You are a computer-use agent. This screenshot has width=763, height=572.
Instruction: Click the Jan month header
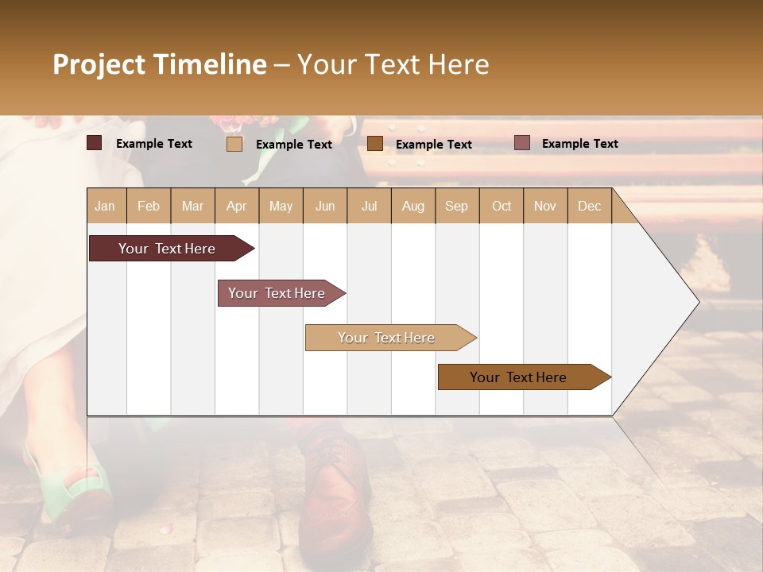click(x=105, y=207)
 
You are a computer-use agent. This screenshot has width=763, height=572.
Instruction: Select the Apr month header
click(x=236, y=207)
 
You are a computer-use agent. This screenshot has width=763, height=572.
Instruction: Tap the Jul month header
click(x=369, y=207)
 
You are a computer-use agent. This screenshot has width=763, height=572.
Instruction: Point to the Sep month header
click(x=456, y=207)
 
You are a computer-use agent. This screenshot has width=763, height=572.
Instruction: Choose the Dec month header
click(x=589, y=207)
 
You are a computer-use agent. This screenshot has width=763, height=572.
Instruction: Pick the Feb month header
click(x=149, y=207)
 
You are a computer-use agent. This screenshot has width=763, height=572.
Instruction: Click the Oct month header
click(x=502, y=207)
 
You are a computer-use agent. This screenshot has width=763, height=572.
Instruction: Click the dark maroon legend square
click(x=95, y=143)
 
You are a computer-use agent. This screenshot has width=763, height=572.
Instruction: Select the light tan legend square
click(x=234, y=144)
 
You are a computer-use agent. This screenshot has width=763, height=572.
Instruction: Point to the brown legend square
click(x=375, y=144)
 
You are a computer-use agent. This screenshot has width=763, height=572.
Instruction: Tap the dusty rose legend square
click(x=521, y=143)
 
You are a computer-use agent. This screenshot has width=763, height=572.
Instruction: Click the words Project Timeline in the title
click(x=160, y=64)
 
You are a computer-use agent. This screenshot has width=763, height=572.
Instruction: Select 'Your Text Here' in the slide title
click(x=393, y=64)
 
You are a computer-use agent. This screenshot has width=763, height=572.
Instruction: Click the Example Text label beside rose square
click(x=579, y=144)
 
